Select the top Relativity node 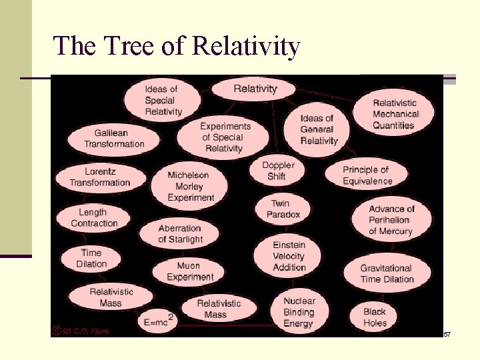(255, 89)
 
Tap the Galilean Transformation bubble (114, 139)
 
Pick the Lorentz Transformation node (100, 177)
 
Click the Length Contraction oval (94, 218)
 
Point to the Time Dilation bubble (91, 258)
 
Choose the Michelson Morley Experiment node (190, 186)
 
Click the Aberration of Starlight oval (180, 234)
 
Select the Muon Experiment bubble (189, 271)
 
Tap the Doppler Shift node (277, 171)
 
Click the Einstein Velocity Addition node (288, 256)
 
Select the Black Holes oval (375, 317)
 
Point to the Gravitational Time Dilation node (387, 273)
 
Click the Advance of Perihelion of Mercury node (391, 220)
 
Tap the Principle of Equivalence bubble (367, 175)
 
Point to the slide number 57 (447, 333)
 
